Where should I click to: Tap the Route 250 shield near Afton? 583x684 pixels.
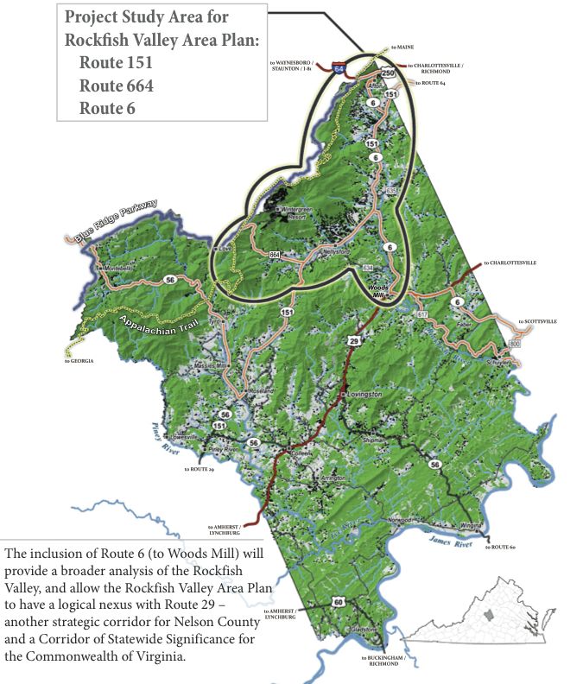pyautogui.click(x=389, y=74)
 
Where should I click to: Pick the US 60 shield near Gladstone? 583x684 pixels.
pyautogui.click(x=339, y=601)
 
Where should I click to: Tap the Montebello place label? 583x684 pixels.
pyautogui.click(x=118, y=269)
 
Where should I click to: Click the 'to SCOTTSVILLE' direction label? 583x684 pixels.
pyautogui.click(x=536, y=321)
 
